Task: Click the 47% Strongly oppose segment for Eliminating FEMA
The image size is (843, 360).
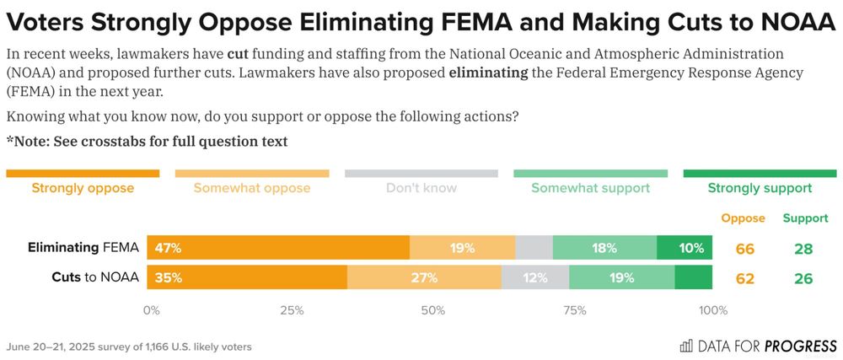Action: pyautogui.click(x=278, y=248)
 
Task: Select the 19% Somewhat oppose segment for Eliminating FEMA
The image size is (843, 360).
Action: pyautogui.click(x=462, y=248)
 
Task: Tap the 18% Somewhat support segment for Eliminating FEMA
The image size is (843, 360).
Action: pyautogui.click(x=604, y=248)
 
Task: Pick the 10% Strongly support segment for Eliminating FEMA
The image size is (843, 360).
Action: pyautogui.click(x=685, y=248)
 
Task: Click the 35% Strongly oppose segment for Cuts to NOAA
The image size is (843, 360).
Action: pyautogui.click(x=247, y=277)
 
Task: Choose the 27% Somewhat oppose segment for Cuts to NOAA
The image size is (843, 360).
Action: pyautogui.click(x=424, y=277)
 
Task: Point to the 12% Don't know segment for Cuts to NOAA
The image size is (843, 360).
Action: pyautogui.click(x=535, y=277)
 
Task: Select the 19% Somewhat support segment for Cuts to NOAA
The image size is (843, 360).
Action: pyautogui.click(x=622, y=277)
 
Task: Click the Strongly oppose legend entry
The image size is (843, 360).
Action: pyautogui.click(x=83, y=188)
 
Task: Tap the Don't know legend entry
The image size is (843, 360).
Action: pyautogui.click(x=421, y=188)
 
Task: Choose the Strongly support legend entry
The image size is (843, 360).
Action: pyautogui.click(x=760, y=188)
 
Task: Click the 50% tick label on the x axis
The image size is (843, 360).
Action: pyautogui.click(x=432, y=310)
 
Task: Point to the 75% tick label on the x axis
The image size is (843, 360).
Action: pyautogui.click(x=573, y=310)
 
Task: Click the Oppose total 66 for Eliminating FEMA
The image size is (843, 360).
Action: pyautogui.click(x=744, y=249)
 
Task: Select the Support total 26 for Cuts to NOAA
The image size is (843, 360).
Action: pyautogui.click(x=803, y=278)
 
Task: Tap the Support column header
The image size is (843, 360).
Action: pyautogui.click(x=805, y=218)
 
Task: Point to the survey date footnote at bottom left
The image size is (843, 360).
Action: pyautogui.click(x=128, y=347)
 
